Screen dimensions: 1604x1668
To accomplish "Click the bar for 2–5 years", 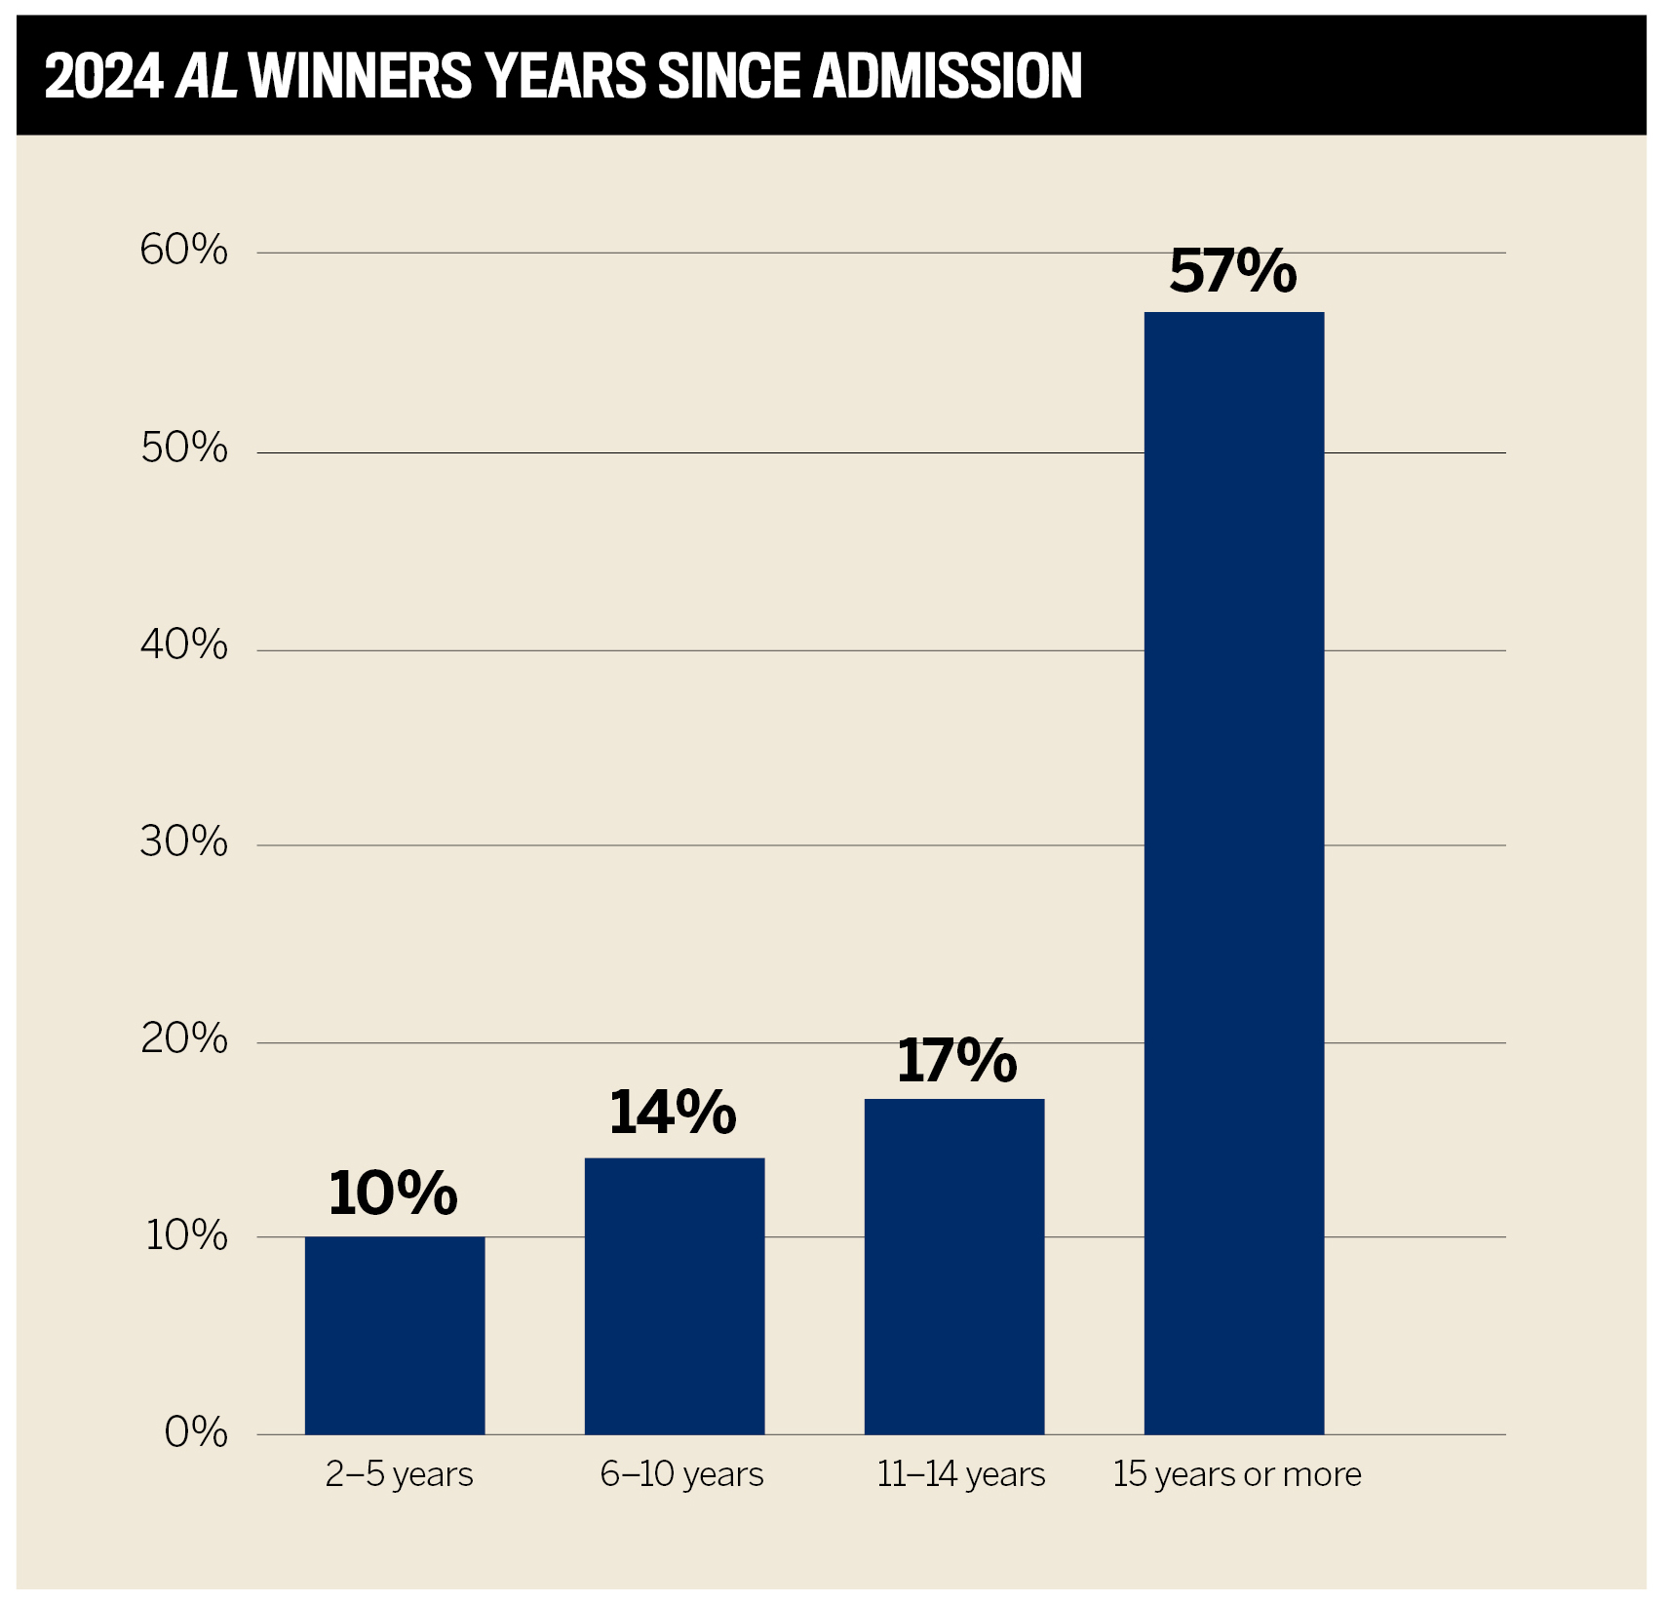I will [x=394, y=1335].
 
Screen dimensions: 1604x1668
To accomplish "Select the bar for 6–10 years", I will [x=674, y=1296].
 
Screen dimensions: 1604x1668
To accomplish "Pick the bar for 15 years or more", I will [x=1233, y=873].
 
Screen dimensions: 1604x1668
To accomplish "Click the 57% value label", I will [x=1232, y=271].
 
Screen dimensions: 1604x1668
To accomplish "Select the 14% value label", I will [x=672, y=1113].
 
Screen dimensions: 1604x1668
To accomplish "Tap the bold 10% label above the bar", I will [x=392, y=1193].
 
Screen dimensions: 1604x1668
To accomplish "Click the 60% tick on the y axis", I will [x=183, y=251].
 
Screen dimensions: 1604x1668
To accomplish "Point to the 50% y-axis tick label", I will [x=183, y=449].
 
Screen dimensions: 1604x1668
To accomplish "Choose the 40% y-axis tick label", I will [x=183, y=645].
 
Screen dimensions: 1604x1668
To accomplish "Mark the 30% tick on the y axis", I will [x=183, y=841].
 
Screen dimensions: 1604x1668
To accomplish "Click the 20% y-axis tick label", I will [x=183, y=1038].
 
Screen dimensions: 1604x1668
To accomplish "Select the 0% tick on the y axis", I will [x=195, y=1432].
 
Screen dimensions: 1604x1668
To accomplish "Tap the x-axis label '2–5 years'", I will [x=399, y=1474].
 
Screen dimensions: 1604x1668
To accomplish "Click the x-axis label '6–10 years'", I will [x=681, y=1474].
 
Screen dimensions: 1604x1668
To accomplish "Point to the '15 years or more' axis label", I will [x=1236, y=1474].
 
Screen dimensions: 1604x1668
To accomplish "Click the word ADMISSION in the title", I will [x=947, y=76].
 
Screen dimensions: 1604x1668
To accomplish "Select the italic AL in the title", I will [x=207, y=76].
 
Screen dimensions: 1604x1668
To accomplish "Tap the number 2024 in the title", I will [x=103, y=76].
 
